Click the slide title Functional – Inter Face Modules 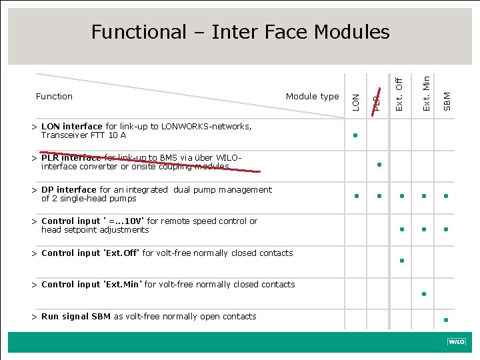[x=240, y=31]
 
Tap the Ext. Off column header [x=399, y=95]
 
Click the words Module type [x=312, y=97]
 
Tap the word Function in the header [x=54, y=97]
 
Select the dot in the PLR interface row [x=378, y=164]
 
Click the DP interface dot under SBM [x=446, y=196]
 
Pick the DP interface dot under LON [x=357, y=196]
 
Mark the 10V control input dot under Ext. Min [x=424, y=229]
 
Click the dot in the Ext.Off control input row [x=402, y=260]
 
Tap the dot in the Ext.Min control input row [x=424, y=293]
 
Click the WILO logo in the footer [x=456, y=342]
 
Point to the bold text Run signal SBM [x=76, y=317]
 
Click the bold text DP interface [x=69, y=190]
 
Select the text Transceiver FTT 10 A [x=83, y=135]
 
